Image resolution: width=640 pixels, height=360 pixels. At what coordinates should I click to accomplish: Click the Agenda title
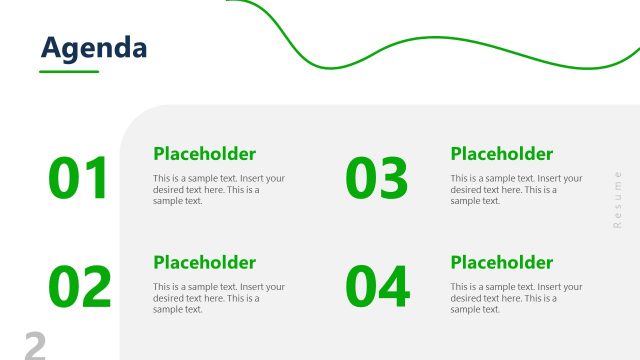[94, 47]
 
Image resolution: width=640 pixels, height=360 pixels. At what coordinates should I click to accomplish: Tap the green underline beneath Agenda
[69, 71]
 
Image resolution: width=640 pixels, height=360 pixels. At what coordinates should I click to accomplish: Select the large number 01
[78, 180]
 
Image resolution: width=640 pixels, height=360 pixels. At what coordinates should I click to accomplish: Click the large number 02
[80, 287]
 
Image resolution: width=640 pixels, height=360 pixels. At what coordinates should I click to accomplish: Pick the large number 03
[377, 180]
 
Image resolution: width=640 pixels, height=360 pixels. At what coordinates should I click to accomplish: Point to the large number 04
[377, 287]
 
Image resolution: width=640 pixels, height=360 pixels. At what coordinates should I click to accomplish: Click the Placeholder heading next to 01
[204, 154]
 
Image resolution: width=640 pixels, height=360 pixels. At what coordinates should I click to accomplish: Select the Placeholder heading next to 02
[204, 263]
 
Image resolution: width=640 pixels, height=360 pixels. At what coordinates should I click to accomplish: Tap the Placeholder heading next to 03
[501, 154]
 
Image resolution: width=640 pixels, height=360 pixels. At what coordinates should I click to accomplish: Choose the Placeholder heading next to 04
[501, 263]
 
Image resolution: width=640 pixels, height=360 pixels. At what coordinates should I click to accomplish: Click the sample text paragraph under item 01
[218, 189]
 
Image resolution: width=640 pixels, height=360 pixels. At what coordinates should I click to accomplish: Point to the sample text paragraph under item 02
[218, 298]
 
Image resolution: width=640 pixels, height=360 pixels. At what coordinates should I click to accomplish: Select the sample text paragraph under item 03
[516, 189]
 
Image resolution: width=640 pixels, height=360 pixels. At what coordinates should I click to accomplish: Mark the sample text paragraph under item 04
[516, 298]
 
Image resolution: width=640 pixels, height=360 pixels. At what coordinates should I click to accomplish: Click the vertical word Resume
[617, 200]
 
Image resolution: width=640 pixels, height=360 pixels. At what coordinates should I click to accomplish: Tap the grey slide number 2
[35, 346]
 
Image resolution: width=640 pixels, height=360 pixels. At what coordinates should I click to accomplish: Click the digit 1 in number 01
[96, 180]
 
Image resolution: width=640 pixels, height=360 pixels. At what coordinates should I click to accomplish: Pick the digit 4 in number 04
[394, 287]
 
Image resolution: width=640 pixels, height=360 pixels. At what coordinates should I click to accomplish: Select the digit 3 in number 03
[394, 180]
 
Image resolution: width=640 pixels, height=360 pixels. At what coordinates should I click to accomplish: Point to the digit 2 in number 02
[97, 287]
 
